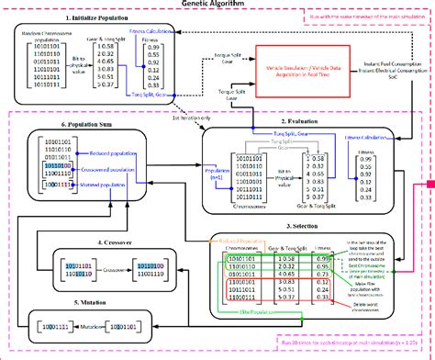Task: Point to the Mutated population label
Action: [100, 185]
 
